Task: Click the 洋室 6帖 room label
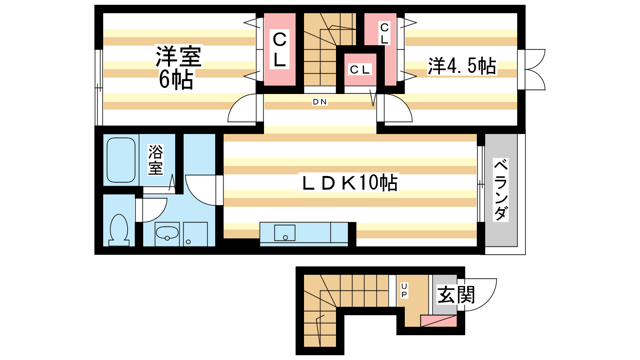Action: click(x=178, y=67)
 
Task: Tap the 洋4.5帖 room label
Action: click(x=462, y=66)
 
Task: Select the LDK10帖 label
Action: click(x=350, y=182)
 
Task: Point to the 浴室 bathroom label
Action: click(x=156, y=160)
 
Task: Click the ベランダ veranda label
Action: click(x=500, y=190)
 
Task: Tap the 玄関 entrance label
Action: click(x=456, y=295)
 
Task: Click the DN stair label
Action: click(x=320, y=102)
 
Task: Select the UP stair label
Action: click(x=404, y=290)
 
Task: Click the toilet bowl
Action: click(x=119, y=230)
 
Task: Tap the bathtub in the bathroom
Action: click(x=121, y=160)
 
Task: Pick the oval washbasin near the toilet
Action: click(x=167, y=233)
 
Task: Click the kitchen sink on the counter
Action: click(x=284, y=232)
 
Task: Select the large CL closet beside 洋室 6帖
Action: click(x=280, y=49)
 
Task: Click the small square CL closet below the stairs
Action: click(x=360, y=70)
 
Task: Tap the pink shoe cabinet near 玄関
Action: click(x=438, y=321)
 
